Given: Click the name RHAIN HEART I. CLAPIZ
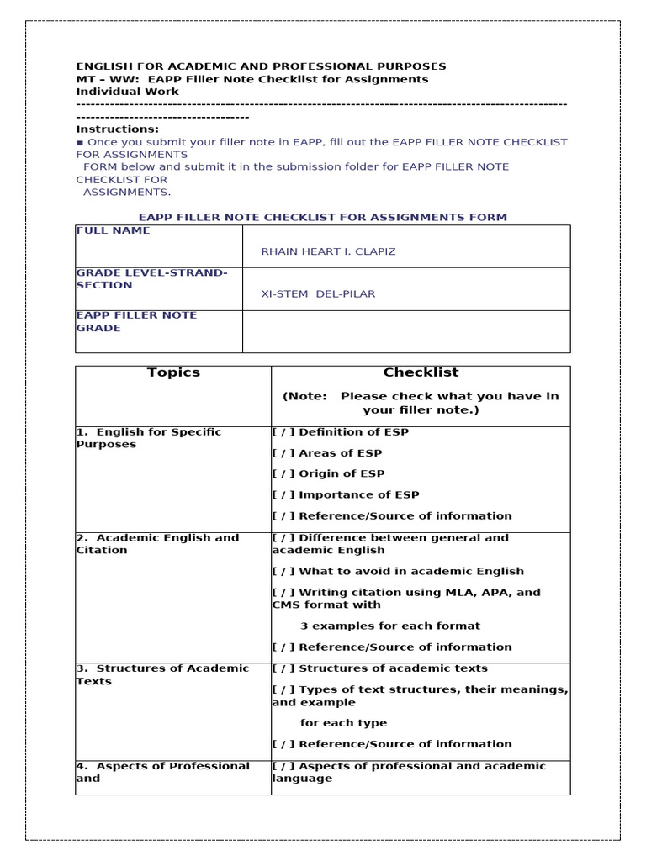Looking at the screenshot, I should coord(316,251).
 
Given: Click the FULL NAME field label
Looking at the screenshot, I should coord(113,230).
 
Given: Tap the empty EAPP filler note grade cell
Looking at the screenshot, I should coord(405,330).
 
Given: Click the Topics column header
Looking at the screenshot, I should coord(173,372).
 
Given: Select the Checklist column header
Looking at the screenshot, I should coord(421,372).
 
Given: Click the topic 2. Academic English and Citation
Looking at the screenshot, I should coord(157,544).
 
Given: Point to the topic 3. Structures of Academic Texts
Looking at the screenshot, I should coord(162,674).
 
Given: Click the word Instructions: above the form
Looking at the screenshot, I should coord(117,129).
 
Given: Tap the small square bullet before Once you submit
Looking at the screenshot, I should coord(80,143).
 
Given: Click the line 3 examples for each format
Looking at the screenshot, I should coord(389,626).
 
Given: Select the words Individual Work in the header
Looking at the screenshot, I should coord(127,92).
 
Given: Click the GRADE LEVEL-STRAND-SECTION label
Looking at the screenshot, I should coord(151,279).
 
